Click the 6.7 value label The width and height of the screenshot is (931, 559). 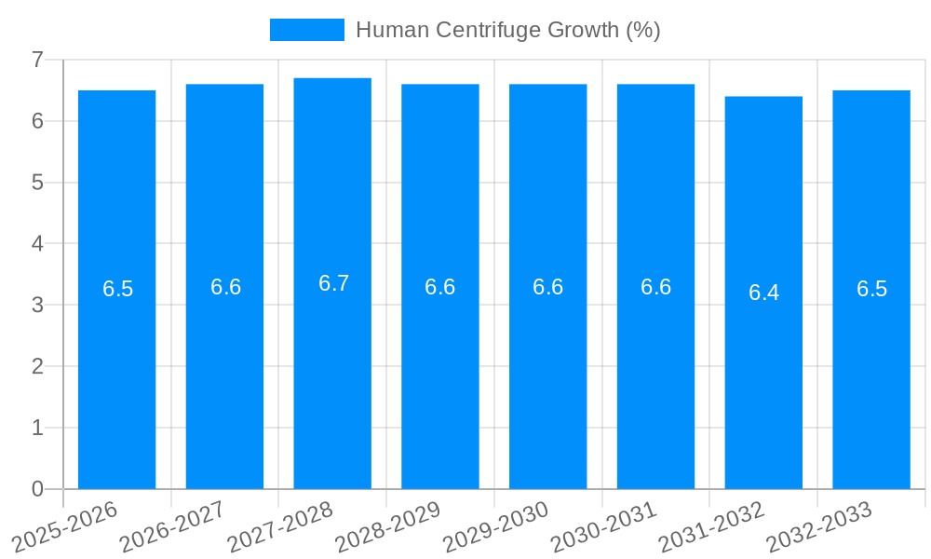coord(333,283)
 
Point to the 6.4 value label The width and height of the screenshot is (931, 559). coord(763,293)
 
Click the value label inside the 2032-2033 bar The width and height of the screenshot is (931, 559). coord(871,289)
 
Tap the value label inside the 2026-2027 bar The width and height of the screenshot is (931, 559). coord(225,287)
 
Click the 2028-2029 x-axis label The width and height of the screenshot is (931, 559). coord(387,527)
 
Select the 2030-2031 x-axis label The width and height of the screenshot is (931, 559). coord(603,527)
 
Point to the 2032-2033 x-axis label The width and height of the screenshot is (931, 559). coord(819,527)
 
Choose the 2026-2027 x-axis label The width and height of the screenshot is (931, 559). coord(172,527)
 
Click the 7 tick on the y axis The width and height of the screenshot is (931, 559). coord(37,60)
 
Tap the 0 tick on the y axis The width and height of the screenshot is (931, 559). coord(37,489)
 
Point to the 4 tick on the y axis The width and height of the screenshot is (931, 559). coord(37,243)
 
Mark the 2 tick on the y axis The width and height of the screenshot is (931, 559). coord(37,366)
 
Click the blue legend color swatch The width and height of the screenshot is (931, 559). coord(306,30)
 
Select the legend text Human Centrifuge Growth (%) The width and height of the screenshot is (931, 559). coord(507,30)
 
